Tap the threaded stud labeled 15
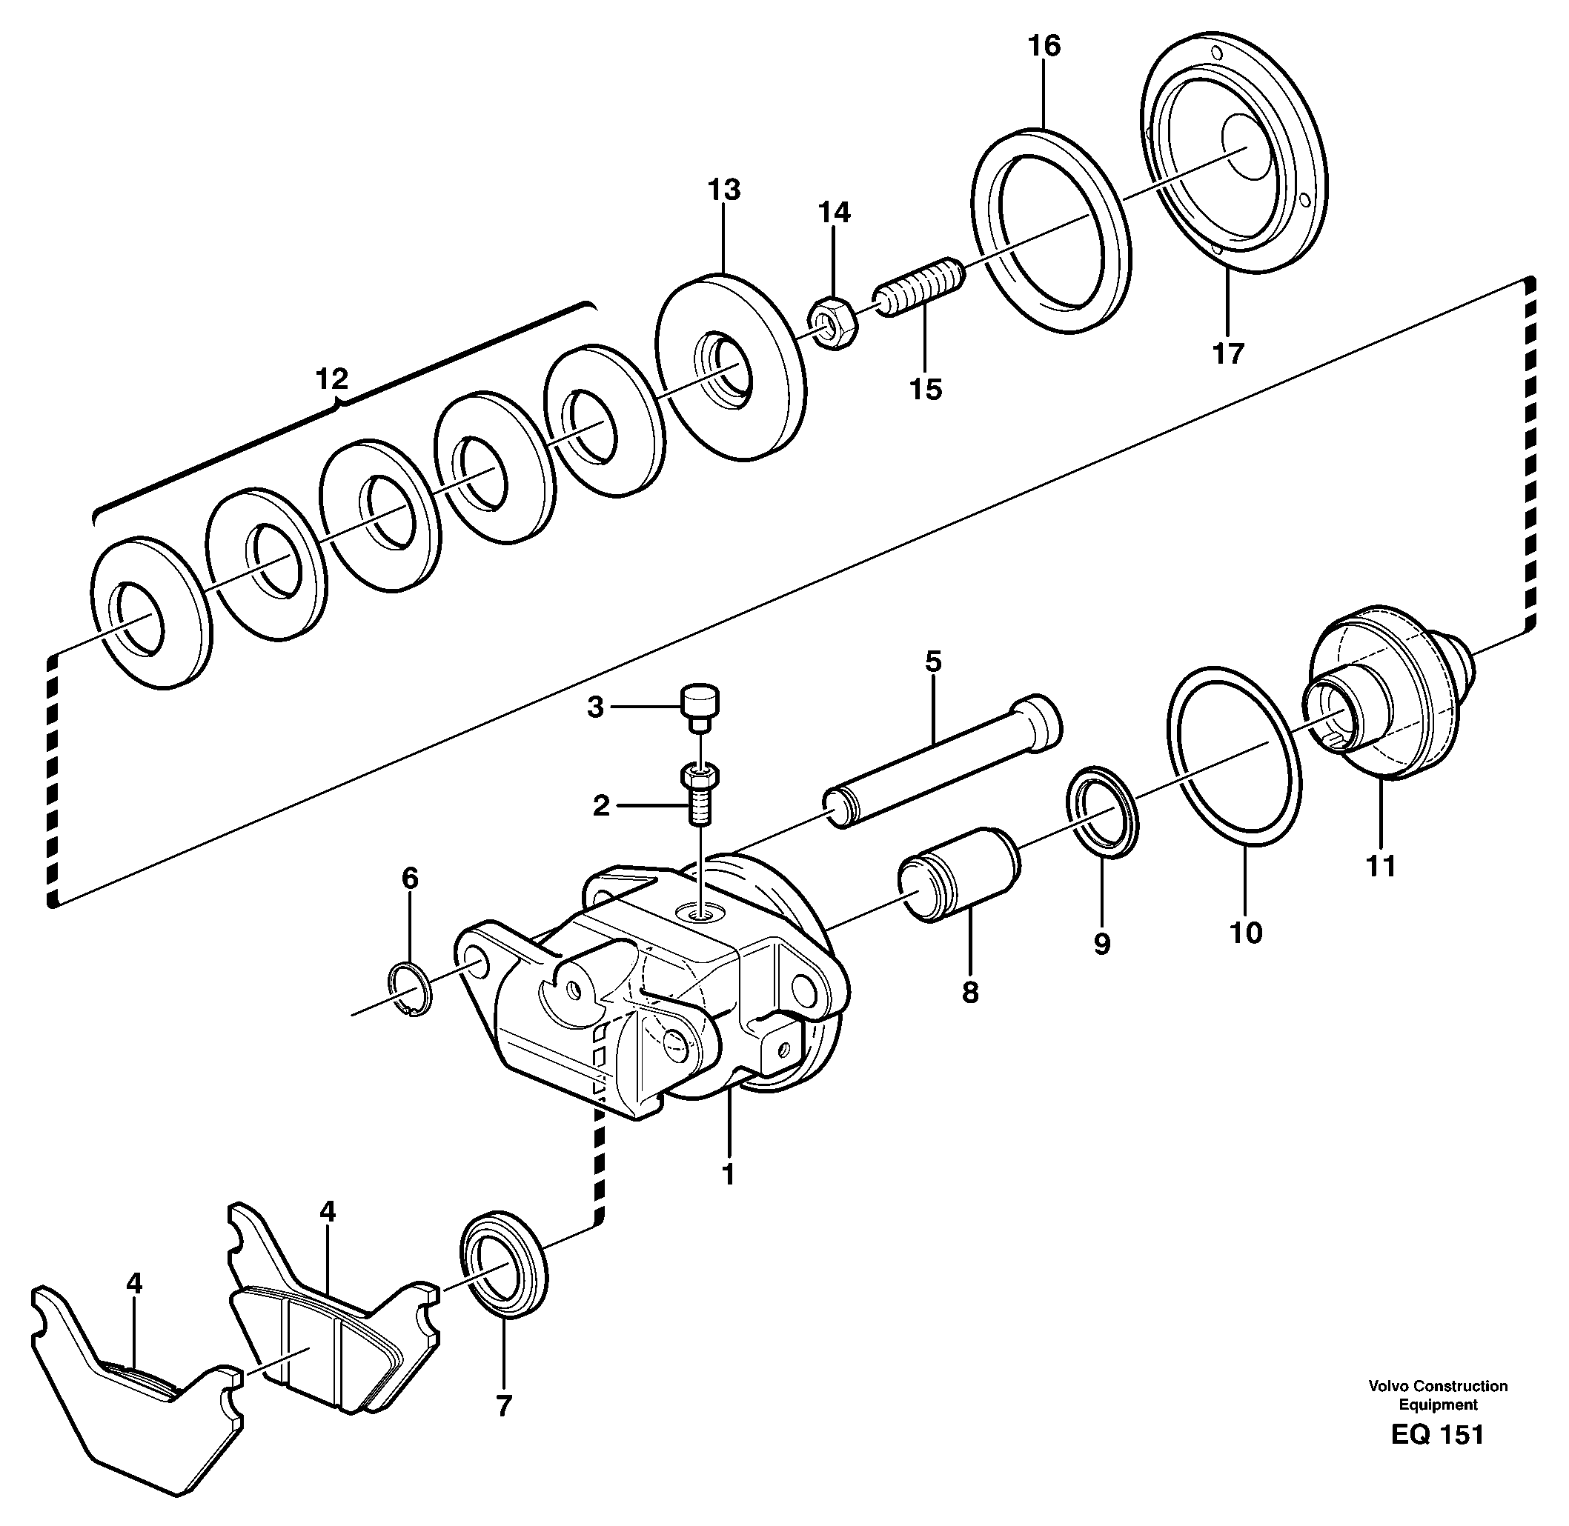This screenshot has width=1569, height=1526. click(922, 286)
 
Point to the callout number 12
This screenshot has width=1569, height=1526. click(332, 379)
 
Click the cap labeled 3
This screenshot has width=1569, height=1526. click(700, 705)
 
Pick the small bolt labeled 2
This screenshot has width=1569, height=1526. click(700, 795)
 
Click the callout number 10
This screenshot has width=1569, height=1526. click(1245, 933)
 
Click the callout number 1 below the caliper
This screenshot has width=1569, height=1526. click(728, 1175)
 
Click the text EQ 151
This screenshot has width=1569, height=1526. click(1438, 1435)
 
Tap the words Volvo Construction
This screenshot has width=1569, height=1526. click(1438, 1386)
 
